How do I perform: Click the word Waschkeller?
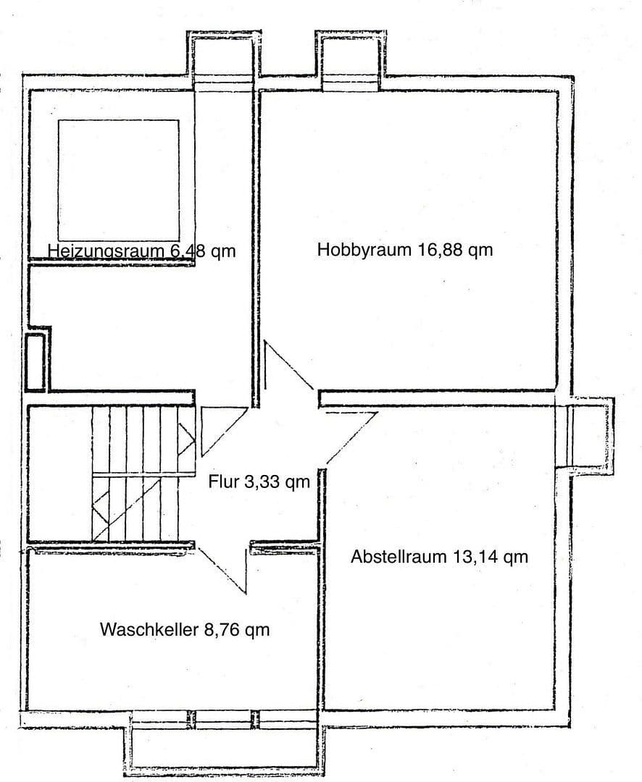coord(149,630)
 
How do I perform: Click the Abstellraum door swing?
coord(348,434)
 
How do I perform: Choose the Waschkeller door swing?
coord(225,568)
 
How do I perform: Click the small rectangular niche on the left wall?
coord(35,362)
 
